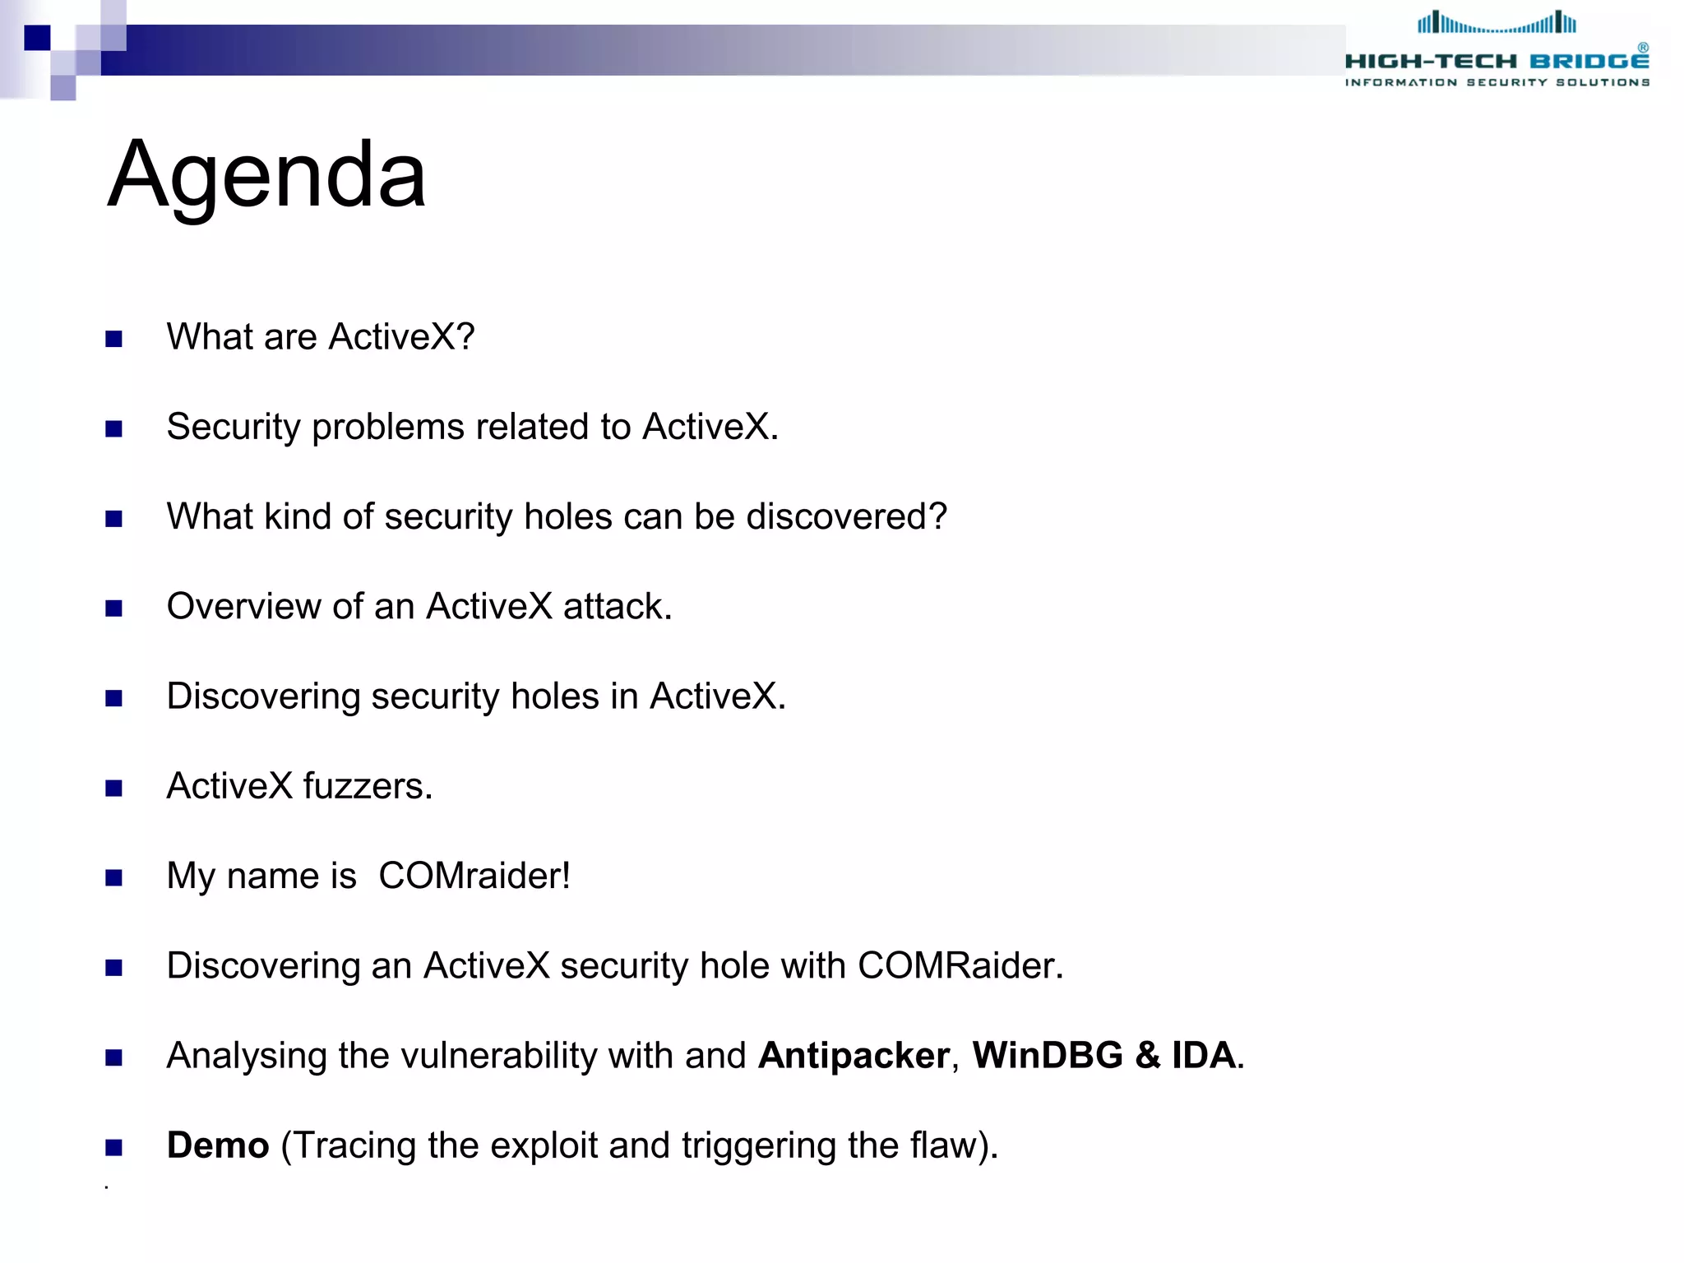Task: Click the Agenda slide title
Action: pyautogui.click(x=266, y=175)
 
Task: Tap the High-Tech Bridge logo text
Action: pyautogui.click(x=1497, y=62)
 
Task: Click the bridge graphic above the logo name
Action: pyautogui.click(x=1497, y=23)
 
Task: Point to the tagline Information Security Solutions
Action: pyautogui.click(x=1497, y=82)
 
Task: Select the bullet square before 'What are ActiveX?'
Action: pyautogui.click(x=113, y=339)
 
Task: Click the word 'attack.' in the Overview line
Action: pyautogui.click(x=617, y=606)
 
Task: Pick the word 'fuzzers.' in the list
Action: pyautogui.click(x=367, y=786)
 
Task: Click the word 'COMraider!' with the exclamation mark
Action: pyautogui.click(x=474, y=876)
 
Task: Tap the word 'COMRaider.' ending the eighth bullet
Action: pyautogui.click(x=960, y=965)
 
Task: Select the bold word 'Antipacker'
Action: pyautogui.click(x=854, y=1055)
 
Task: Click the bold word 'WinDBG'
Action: pyautogui.click(x=1047, y=1055)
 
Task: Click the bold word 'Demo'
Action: pyautogui.click(x=218, y=1145)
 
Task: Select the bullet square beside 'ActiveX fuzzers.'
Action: pyautogui.click(x=113, y=789)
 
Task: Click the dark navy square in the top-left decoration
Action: pyautogui.click(x=37, y=38)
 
